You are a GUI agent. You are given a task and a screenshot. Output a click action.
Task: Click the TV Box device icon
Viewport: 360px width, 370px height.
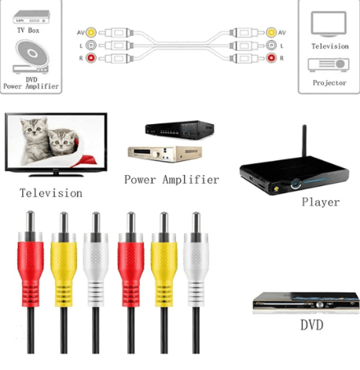pos(31,16)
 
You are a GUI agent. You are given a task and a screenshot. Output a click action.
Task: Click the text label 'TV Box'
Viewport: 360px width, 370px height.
pos(28,31)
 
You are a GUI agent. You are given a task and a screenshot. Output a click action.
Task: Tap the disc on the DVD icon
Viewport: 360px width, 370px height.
pos(32,53)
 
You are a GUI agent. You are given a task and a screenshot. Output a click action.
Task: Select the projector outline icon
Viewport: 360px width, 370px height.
pos(329,65)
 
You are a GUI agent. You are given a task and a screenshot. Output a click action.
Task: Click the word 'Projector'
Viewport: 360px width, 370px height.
pos(329,83)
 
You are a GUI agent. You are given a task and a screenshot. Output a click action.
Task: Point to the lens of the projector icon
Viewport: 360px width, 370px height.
pos(340,64)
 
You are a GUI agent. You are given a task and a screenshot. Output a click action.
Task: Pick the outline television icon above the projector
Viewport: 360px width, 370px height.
pos(329,24)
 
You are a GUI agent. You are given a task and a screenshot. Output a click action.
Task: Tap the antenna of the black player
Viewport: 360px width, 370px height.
pos(304,141)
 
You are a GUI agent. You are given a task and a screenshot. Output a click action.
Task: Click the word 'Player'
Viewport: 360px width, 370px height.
pos(321,202)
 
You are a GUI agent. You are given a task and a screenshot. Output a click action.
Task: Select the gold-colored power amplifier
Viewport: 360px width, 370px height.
pos(165,154)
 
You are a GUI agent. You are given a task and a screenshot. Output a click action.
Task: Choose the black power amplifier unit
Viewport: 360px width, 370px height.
pos(180,130)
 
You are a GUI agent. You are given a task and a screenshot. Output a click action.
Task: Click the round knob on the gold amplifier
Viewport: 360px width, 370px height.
pos(158,155)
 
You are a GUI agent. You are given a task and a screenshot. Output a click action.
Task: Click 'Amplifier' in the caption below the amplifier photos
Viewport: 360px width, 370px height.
pos(191,180)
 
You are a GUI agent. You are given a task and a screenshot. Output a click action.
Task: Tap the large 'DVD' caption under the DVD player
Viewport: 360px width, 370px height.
pos(312,325)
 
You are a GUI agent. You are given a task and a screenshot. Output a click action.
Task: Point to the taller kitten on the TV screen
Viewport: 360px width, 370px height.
pos(34,139)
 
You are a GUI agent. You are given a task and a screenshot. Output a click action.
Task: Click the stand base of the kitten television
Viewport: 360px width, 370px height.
pos(56,175)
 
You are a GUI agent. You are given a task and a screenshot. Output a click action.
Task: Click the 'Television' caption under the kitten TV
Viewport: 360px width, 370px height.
pos(51,193)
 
